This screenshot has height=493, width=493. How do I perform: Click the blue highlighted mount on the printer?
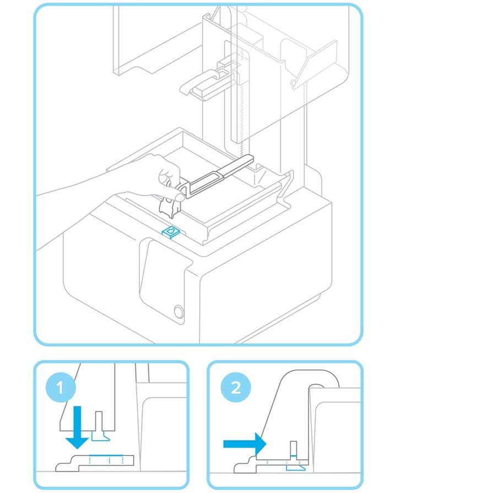pyautogui.click(x=171, y=232)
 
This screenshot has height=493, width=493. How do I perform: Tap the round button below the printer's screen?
pyautogui.click(x=178, y=312)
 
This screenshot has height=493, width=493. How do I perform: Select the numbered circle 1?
pyautogui.click(x=61, y=387)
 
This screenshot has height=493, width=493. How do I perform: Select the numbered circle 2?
pyautogui.click(x=236, y=387)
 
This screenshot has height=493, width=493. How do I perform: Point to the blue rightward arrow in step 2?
pyautogui.click(x=245, y=444)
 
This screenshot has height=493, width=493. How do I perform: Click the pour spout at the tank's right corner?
pyautogui.click(x=285, y=186)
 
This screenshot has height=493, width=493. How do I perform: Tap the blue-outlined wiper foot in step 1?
pyautogui.click(x=100, y=436)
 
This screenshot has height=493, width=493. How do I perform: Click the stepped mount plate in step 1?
pyautogui.click(x=94, y=463)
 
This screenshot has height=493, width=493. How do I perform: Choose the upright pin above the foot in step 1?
pyautogui.click(x=99, y=421)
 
